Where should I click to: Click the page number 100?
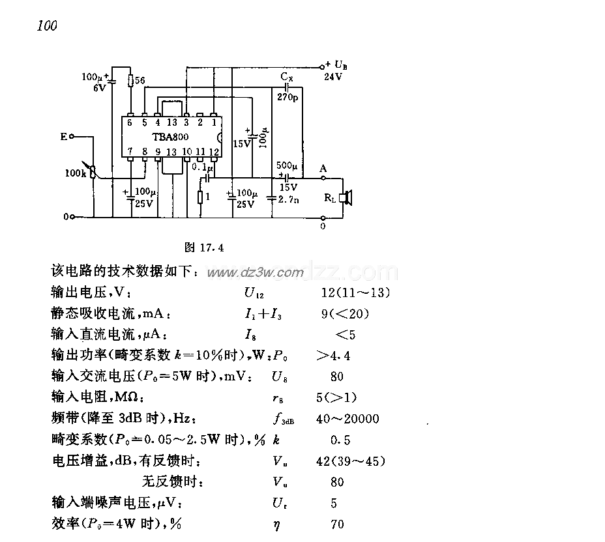click(48, 26)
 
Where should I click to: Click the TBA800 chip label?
click(171, 137)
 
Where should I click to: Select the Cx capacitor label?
click(287, 77)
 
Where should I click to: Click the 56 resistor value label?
click(141, 81)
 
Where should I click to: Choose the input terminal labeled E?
click(63, 136)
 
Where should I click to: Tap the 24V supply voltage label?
click(333, 76)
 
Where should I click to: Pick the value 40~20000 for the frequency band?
click(347, 420)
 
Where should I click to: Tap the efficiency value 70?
click(337, 524)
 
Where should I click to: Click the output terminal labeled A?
click(323, 169)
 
